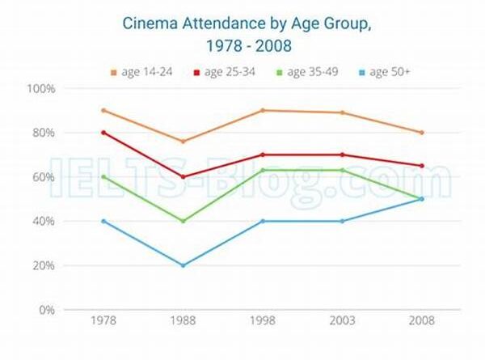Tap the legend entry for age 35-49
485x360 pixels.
click(x=309, y=73)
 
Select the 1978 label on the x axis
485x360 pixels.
click(x=103, y=321)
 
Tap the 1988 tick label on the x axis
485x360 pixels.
click(x=183, y=321)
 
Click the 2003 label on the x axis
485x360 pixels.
click(x=342, y=321)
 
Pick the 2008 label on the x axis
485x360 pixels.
click(x=421, y=321)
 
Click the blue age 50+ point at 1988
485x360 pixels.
click(x=183, y=265)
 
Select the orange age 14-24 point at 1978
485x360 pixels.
click(x=103, y=110)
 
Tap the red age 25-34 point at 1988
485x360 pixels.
click(x=183, y=176)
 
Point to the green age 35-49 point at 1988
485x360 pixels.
click(x=183, y=221)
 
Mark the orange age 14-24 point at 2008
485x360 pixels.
click(x=421, y=133)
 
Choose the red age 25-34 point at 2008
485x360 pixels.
click(x=421, y=166)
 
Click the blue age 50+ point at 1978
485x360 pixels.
click(x=103, y=221)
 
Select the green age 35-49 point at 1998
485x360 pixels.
click(x=263, y=170)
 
